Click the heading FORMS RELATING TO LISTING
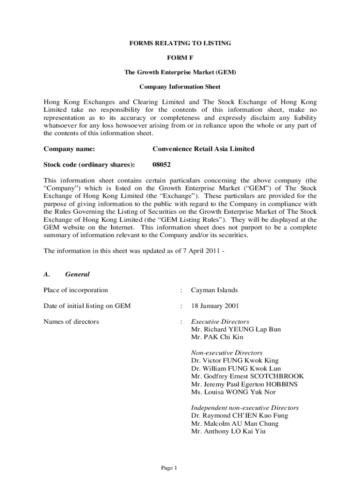pyautogui.click(x=180, y=43)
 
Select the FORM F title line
pyautogui.click(x=180, y=58)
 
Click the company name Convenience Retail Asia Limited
pyautogui.click(x=203, y=149)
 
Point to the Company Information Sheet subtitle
pyautogui.click(x=180, y=87)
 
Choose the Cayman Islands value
pyautogui.click(x=214, y=290)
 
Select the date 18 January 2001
pyautogui.click(x=215, y=306)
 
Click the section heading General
pyautogui.click(x=77, y=275)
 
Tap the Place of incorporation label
pyautogui.click(x=75, y=290)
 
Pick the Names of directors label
pyautogui.click(x=71, y=321)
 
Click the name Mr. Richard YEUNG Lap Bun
pyautogui.click(x=236, y=329)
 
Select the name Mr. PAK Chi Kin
pyautogui.click(x=217, y=337)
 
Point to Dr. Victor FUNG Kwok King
pyautogui.click(x=235, y=361)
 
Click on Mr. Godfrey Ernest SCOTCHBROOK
pyautogui.click(x=247, y=376)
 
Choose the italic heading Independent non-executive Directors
pyautogui.click(x=245, y=408)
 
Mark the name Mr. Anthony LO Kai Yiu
pyautogui.click(x=228, y=431)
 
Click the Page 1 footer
pyautogui.click(x=168, y=468)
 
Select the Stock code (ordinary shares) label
pyautogui.click(x=89, y=164)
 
